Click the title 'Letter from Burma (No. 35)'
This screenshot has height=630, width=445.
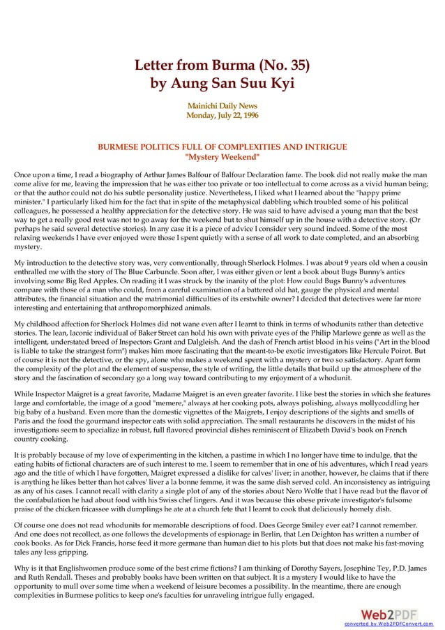click(x=222, y=68)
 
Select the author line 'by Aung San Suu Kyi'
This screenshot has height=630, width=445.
click(x=222, y=84)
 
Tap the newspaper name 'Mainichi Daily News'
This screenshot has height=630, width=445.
click(x=222, y=105)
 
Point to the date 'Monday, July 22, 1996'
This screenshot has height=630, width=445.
click(x=222, y=114)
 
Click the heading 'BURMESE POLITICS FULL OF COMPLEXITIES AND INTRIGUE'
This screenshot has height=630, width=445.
click(x=222, y=147)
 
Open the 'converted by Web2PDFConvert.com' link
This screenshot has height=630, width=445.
click(x=389, y=623)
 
